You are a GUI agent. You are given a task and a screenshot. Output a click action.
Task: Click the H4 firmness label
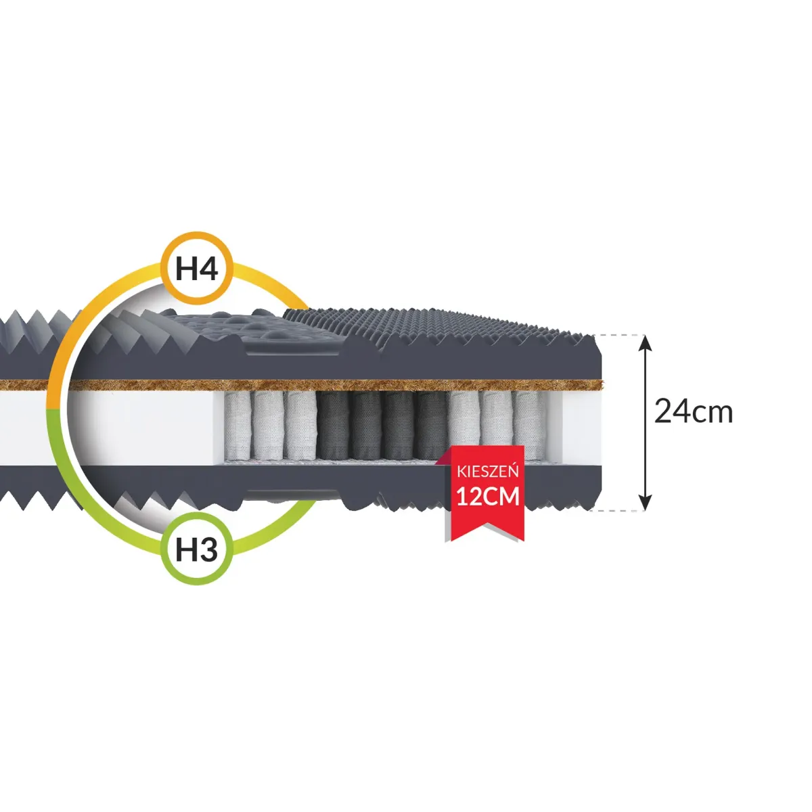pos(197,269)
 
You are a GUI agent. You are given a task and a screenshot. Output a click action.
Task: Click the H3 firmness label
pos(197,549)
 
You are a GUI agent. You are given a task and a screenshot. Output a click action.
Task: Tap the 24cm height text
pos(694,411)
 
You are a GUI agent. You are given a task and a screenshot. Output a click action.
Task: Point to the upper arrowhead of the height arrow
pos(646,342)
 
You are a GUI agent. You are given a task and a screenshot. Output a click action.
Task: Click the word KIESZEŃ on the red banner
pos(488,472)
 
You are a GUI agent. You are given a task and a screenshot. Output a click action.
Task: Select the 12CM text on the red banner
pos(488,497)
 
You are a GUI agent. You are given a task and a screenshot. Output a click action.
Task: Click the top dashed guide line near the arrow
pos(619,335)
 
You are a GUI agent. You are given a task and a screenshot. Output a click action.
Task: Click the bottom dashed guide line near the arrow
pos(619,510)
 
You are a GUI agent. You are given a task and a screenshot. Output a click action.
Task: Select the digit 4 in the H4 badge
pos(208,269)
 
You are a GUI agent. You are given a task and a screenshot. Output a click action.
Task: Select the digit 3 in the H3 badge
pos(208,549)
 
